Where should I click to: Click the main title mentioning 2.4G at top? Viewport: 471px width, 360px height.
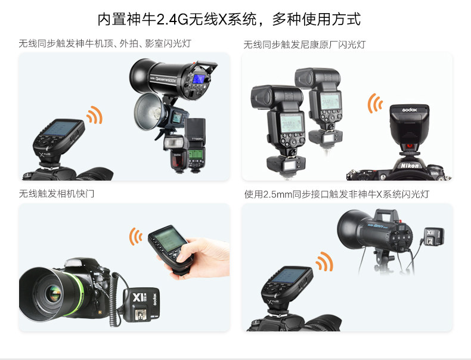click(229, 19)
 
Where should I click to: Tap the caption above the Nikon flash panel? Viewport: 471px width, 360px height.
click(304, 45)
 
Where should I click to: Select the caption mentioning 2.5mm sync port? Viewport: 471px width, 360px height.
click(336, 194)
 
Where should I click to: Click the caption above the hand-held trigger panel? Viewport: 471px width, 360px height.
click(57, 194)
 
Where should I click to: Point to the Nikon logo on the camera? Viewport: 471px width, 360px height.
click(410, 166)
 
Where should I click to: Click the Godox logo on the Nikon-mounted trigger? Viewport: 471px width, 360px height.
click(410, 110)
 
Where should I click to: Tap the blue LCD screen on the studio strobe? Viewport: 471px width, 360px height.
click(199, 79)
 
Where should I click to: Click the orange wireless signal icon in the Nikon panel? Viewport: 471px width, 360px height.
click(374, 103)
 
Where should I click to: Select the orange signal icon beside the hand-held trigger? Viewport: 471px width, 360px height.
click(135, 236)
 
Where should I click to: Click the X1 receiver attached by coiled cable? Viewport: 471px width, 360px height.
click(141, 305)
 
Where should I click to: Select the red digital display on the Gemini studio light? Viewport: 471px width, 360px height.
click(401, 228)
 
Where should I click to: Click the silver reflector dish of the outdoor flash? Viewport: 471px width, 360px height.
click(148, 110)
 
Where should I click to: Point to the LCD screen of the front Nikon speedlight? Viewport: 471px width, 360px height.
click(291, 123)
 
